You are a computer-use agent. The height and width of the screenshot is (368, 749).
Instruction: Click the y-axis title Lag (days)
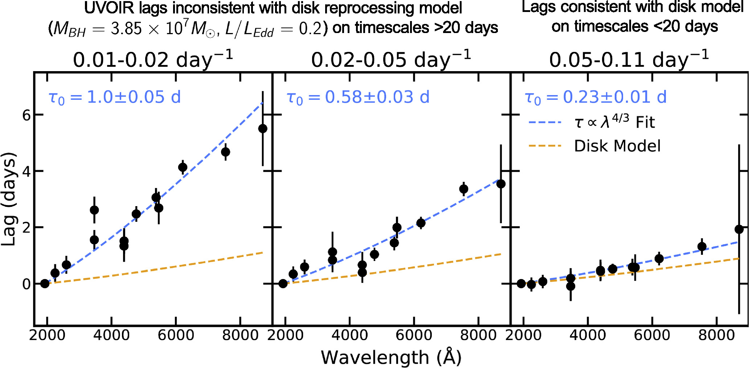9,199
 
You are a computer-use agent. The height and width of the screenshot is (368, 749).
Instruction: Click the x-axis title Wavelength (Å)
391,357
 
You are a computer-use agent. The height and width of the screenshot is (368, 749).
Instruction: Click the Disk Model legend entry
617,146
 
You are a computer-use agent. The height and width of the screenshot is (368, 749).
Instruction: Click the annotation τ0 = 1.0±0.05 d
115,97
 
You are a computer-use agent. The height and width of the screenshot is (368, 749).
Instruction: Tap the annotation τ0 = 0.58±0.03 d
358,97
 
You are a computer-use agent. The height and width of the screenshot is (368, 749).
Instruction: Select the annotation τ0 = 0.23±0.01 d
596,97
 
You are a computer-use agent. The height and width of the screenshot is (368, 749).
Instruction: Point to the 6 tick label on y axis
26,115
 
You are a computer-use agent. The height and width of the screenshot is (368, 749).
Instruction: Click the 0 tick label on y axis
26,284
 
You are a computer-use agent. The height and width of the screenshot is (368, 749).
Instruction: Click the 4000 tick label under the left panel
111,335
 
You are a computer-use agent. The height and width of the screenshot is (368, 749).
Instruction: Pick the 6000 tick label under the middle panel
414,335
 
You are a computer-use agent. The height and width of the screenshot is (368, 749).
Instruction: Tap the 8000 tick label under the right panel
716,335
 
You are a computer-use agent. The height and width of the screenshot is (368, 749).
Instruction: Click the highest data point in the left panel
263,128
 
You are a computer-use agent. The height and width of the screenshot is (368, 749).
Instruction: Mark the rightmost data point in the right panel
739,229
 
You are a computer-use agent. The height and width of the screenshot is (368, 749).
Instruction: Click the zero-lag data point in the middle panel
283,283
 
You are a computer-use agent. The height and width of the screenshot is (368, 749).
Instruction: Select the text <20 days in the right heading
689,26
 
